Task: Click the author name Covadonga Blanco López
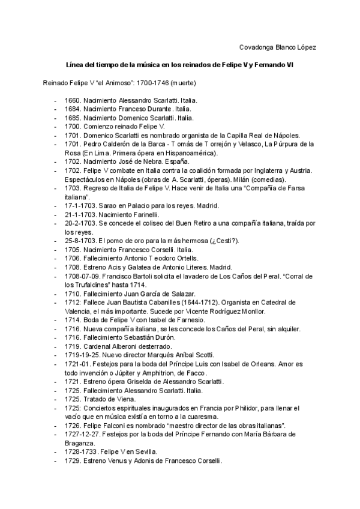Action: pos(278,47)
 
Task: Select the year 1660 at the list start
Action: pos(72,100)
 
